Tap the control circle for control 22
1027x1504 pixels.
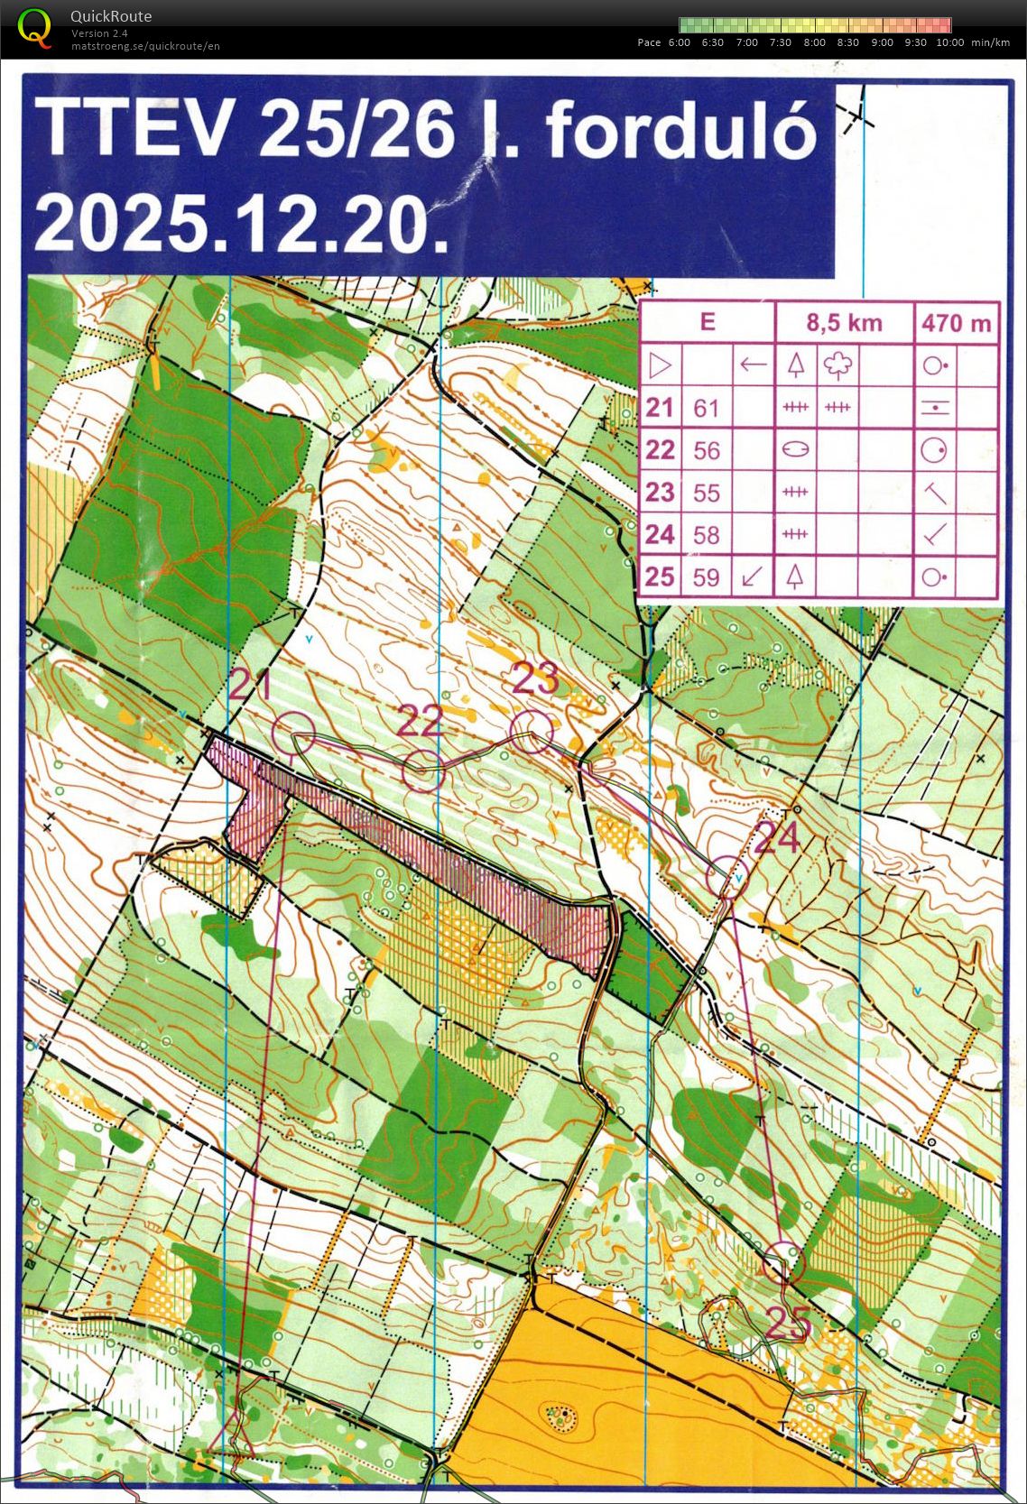pyautogui.click(x=422, y=771)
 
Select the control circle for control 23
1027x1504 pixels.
pyautogui.click(x=532, y=732)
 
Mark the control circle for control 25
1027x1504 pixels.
pyautogui.click(x=782, y=1262)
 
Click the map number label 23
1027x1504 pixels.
pyautogui.click(x=535, y=679)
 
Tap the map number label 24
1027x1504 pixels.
pyautogui.click(x=776, y=837)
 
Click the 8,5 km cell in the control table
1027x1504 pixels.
pyautogui.click(x=844, y=323)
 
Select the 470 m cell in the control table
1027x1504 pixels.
pyautogui.click(x=957, y=323)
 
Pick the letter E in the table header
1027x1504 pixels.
pyautogui.click(x=708, y=322)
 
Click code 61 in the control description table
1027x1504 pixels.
pyautogui.click(x=706, y=409)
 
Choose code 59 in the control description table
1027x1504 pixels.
pyautogui.click(x=706, y=577)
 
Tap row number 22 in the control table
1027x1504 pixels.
pyautogui.click(x=660, y=450)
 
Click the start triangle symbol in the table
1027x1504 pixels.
pyautogui.click(x=661, y=366)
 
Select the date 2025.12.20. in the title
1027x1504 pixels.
pyautogui.click(x=242, y=225)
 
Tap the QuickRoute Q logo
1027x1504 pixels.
pyautogui.click(x=34, y=26)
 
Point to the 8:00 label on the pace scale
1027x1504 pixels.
pyautogui.click(x=814, y=42)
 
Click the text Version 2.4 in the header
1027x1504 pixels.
pyautogui.click(x=99, y=33)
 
